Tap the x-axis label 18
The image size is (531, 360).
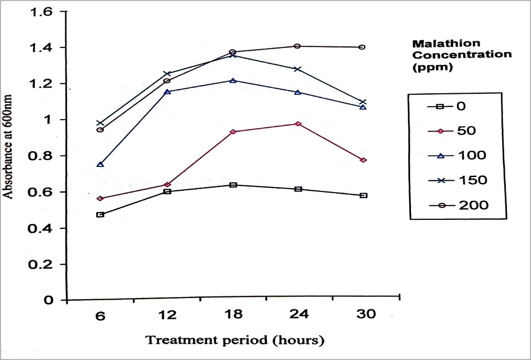[234, 315]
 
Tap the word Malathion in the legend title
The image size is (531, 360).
[439, 44]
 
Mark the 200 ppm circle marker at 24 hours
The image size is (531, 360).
[297, 46]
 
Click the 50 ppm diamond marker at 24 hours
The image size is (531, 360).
[298, 124]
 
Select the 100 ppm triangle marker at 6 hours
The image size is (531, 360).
[100, 164]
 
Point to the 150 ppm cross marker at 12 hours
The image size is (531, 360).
[167, 74]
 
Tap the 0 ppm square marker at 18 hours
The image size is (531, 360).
[233, 185]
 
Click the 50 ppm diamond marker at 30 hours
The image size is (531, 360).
[363, 160]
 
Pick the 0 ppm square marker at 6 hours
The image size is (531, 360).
[100, 215]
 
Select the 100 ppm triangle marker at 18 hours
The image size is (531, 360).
[233, 80]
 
